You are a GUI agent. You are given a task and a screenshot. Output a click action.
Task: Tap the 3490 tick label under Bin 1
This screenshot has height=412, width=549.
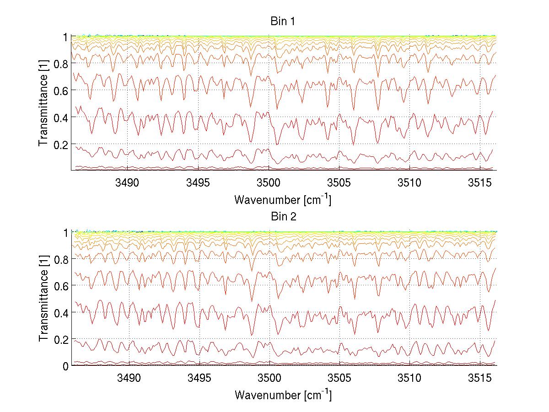click(128, 183)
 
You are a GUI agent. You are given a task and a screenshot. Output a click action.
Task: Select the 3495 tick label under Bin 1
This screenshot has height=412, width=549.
click(199, 183)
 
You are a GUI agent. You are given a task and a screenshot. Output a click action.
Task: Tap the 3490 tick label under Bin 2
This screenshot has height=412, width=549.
click(129, 378)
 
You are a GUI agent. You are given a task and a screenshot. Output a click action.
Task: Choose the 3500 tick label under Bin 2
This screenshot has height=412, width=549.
click(269, 378)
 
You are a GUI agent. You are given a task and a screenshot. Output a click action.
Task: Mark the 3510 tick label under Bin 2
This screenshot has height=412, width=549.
click(409, 378)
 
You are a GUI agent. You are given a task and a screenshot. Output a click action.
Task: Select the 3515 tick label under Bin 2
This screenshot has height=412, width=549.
click(480, 378)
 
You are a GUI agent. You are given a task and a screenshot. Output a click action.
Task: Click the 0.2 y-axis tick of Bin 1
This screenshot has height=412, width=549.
click(61, 144)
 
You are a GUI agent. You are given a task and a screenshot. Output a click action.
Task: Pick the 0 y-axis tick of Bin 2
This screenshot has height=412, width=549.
click(66, 366)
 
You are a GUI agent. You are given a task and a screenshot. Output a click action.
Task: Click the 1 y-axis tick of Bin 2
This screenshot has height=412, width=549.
click(66, 232)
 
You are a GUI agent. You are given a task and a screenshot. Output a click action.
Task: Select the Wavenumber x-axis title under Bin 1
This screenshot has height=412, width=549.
click(282, 199)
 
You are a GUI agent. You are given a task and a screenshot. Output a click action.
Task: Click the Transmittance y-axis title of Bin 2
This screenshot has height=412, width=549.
click(44, 299)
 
